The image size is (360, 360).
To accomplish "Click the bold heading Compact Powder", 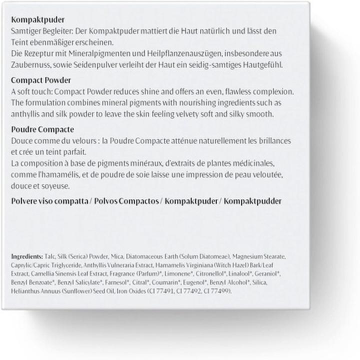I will tap(40, 80).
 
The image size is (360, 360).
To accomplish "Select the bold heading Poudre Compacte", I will tap(42, 129).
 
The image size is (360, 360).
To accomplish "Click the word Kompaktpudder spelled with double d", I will tap(252, 201).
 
